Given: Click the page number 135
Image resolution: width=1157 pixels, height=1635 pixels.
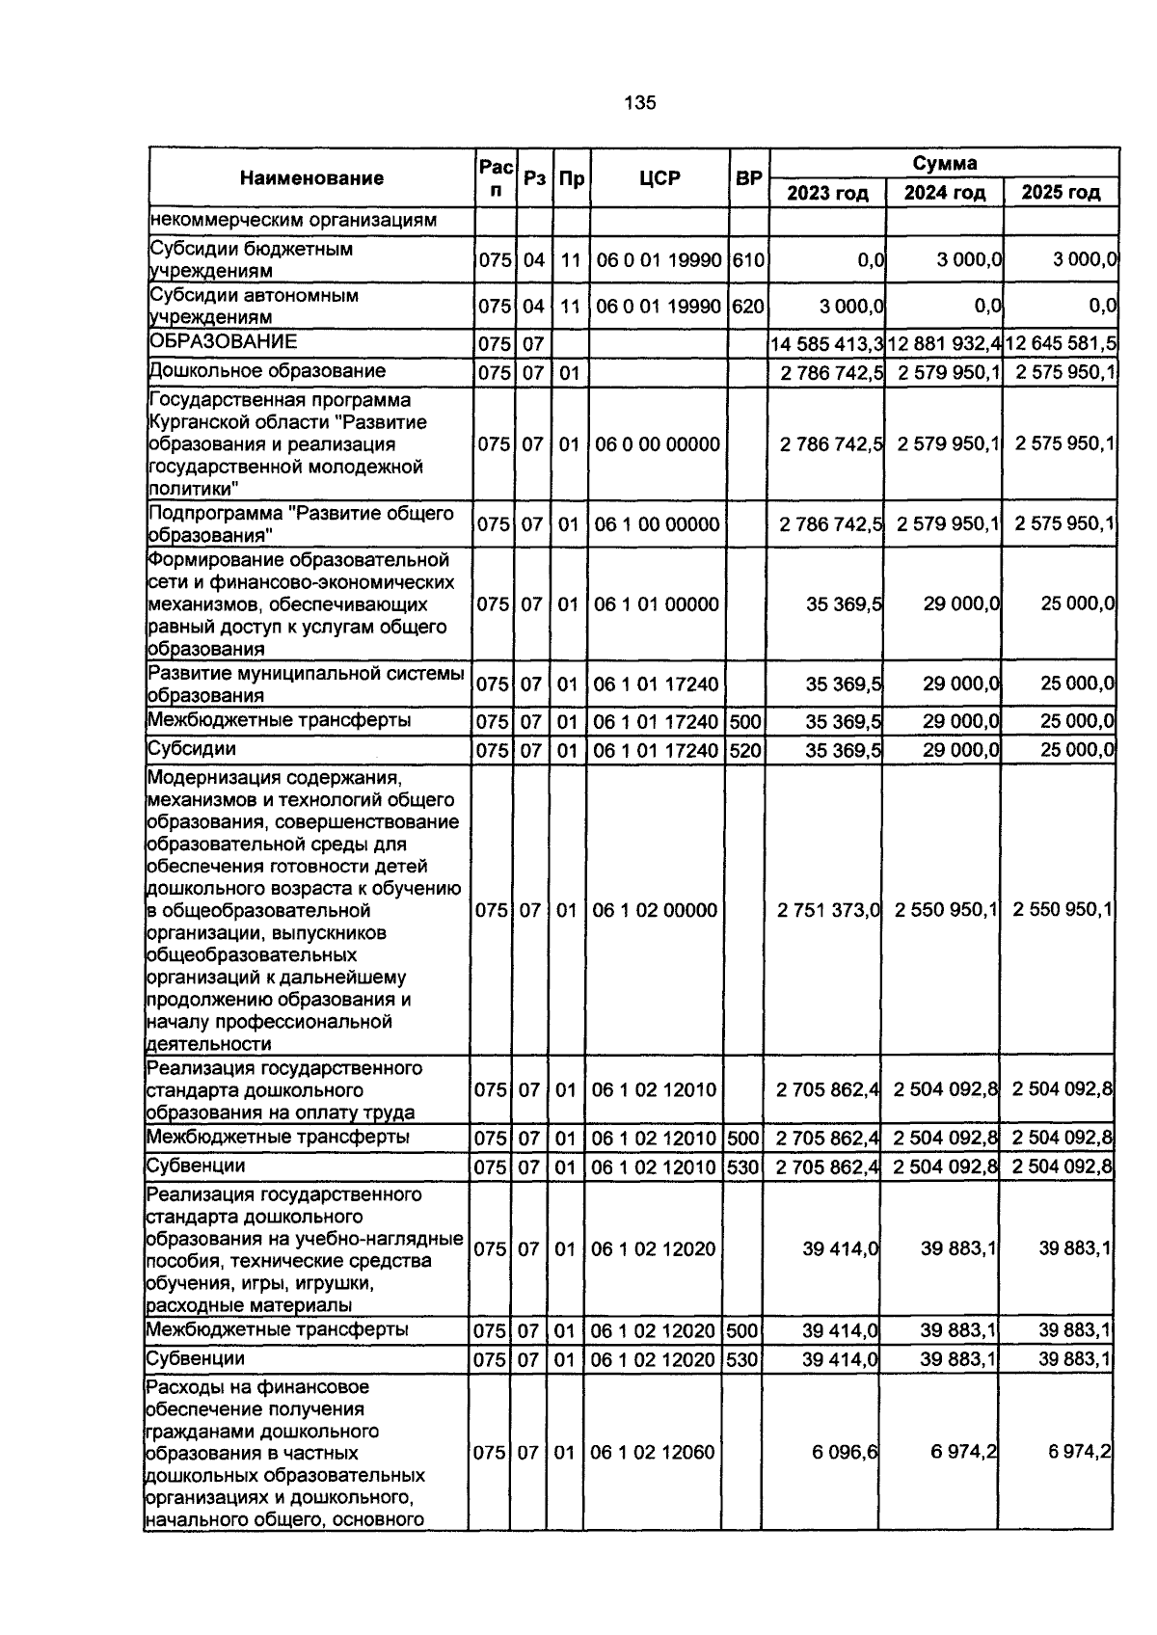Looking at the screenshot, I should point(640,103).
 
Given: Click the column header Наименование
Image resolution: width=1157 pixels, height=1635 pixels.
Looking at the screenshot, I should point(310,178).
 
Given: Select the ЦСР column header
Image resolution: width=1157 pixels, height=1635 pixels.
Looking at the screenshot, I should point(659,178).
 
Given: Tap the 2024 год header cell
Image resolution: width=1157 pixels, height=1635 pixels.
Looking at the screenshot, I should point(944,193).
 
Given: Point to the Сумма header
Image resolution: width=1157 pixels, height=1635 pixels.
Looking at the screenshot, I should point(944,163).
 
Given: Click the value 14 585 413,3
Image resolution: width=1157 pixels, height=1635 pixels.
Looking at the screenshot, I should point(827,344).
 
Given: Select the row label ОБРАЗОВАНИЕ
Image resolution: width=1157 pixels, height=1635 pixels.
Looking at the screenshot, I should point(223,342).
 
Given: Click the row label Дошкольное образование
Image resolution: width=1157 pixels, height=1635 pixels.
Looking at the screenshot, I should point(267,371).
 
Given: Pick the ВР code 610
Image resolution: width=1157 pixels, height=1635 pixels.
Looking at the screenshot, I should point(747,260).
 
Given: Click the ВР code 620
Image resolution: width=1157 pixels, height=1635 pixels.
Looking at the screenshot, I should point(747,308).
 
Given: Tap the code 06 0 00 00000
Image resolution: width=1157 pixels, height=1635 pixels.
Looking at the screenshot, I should point(658,444).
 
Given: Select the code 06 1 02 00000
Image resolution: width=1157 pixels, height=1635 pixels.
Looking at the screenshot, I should point(655,910).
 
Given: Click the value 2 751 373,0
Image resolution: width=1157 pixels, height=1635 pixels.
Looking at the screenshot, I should point(828,910).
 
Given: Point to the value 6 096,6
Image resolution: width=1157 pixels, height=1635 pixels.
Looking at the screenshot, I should point(844,1452).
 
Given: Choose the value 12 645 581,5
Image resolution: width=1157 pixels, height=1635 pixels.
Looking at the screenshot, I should point(1061,344).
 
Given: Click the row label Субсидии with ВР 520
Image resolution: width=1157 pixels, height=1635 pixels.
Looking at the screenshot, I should point(191,749).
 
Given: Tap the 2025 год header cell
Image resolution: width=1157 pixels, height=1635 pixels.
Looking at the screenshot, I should point(1061,193).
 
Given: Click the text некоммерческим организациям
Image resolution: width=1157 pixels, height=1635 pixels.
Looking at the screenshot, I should point(293,220).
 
